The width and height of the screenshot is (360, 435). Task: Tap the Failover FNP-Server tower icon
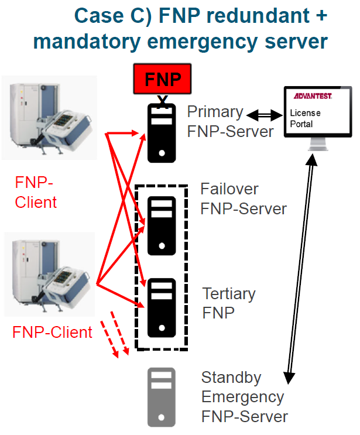click(x=161, y=226)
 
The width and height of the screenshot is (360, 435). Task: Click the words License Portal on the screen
click(x=302, y=118)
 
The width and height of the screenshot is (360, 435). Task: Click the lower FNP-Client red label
click(x=52, y=333)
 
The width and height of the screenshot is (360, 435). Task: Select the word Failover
click(x=229, y=189)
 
